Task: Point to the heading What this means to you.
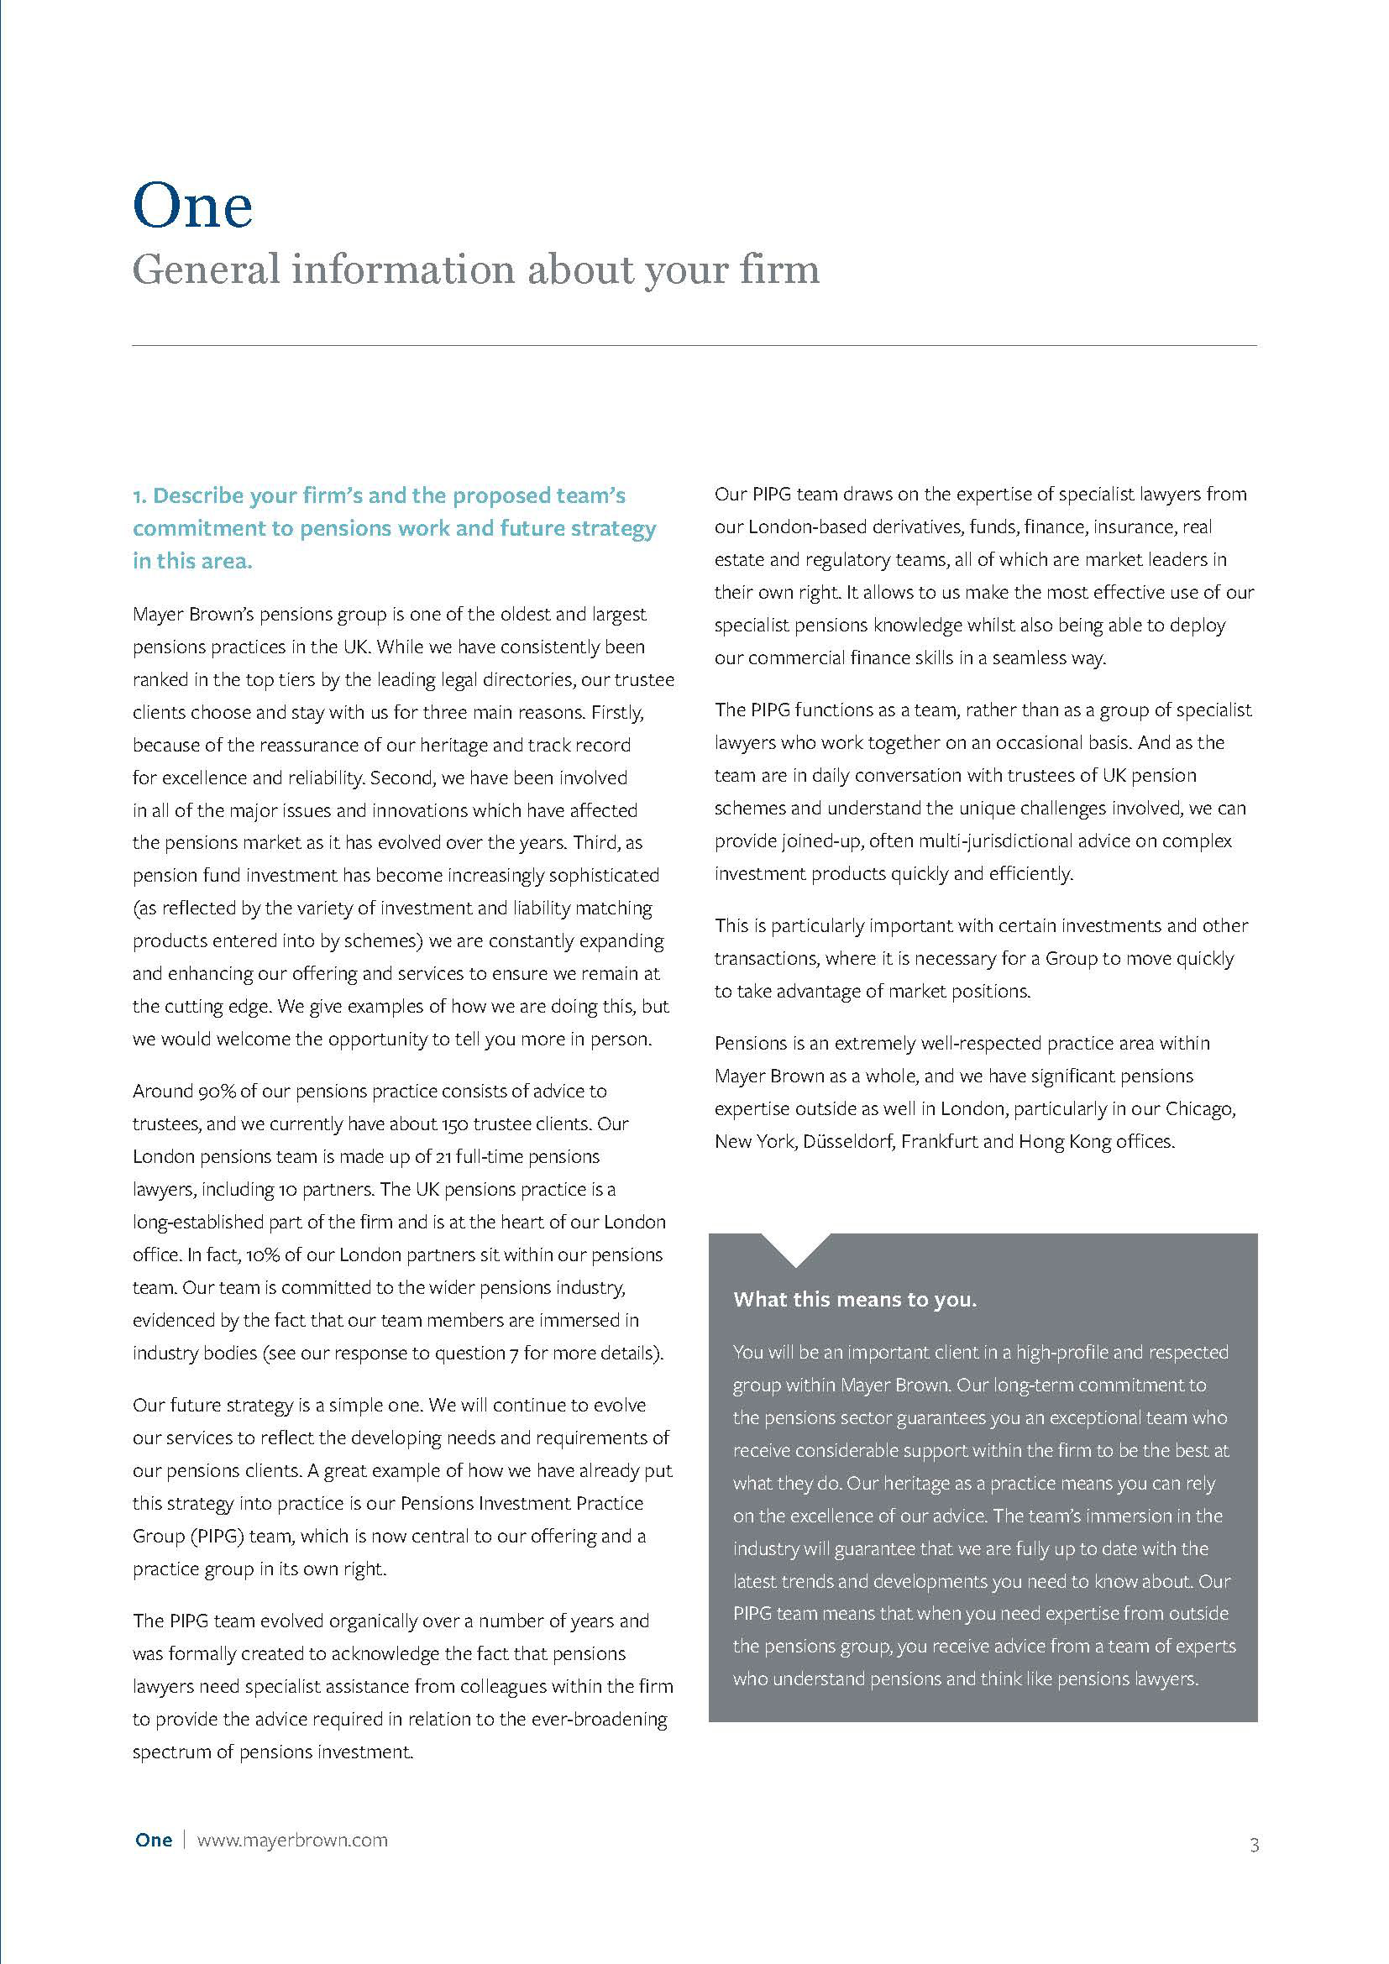[854, 1299]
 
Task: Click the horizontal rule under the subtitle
[694, 346]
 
